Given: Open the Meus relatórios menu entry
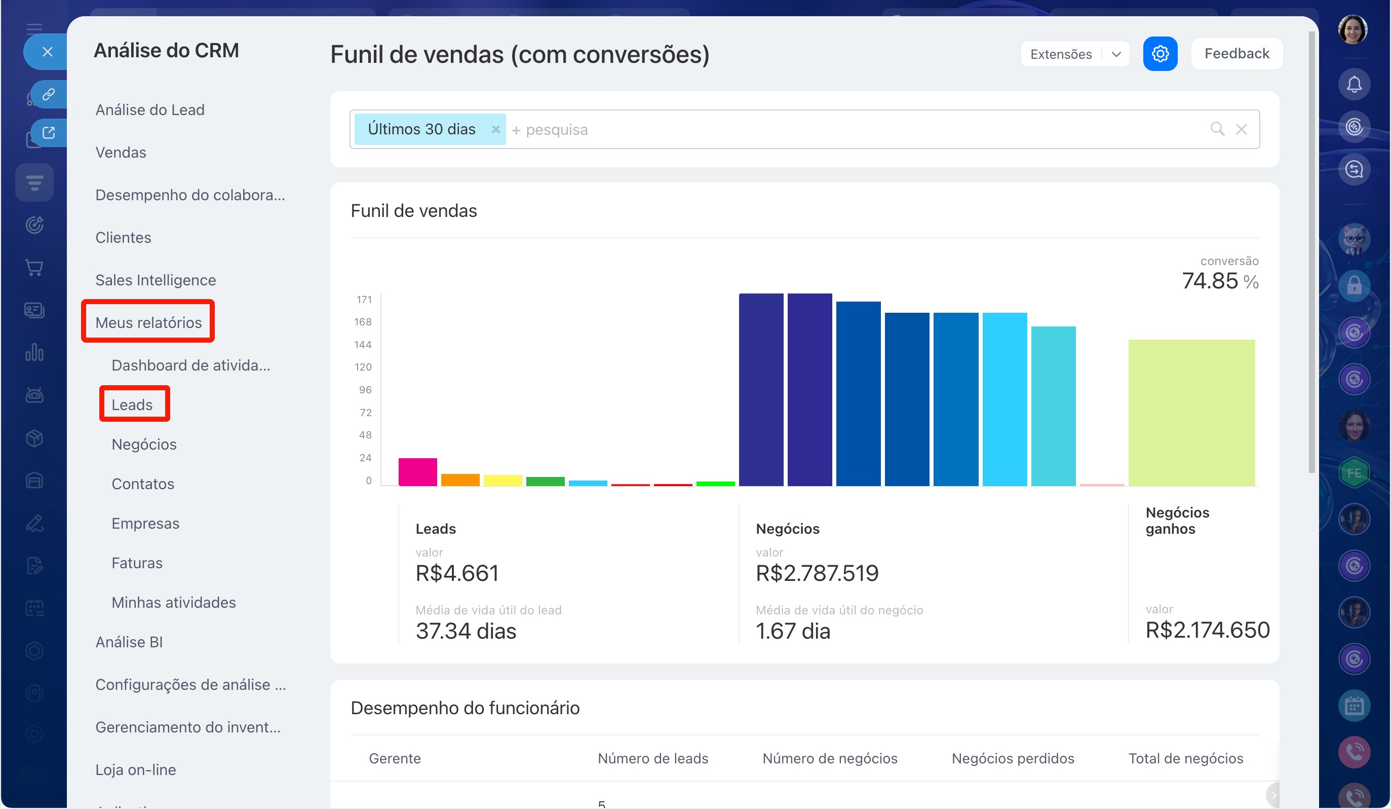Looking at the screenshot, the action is pyautogui.click(x=148, y=322).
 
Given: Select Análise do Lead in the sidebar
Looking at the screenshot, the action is pyautogui.click(x=150, y=109).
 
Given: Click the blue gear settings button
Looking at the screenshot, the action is pyautogui.click(x=1160, y=54).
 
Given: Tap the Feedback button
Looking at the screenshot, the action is pyautogui.click(x=1237, y=54).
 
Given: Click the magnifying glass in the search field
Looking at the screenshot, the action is pyautogui.click(x=1217, y=129).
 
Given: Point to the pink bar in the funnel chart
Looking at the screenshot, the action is pyautogui.click(x=418, y=471).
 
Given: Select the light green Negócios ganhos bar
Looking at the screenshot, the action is pyautogui.click(x=1191, y=413).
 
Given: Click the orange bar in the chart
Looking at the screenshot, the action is pyautogui.click(x=460, y=480).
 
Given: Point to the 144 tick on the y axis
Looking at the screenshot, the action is pyautogui.click(x=363, y=345).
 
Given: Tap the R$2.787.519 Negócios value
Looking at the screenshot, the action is pyautogui.click(x=817, y=573).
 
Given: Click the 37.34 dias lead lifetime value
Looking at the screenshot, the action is pyautogui.click(x=466, y=631).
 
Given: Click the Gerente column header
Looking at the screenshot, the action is pyautogui.click(x=395, y=758).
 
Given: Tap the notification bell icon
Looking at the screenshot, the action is pyautogui.click(x=1354, y=85).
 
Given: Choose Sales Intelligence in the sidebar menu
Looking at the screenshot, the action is pyautogui.click(x=156, y=279).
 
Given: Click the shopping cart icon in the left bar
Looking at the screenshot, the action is pyautogui.click(x=34, y=267).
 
